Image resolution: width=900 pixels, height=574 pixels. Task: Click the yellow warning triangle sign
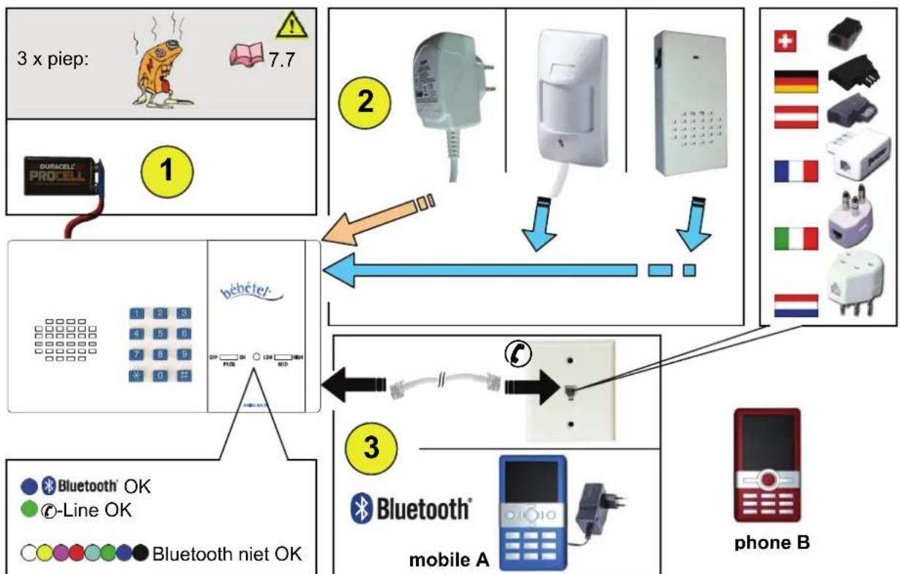(x=291, y=26)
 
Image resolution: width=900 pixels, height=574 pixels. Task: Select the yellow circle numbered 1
(x=167, y=171)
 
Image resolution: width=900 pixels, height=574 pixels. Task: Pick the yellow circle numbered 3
(x=372, y=447)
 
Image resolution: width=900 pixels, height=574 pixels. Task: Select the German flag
(x=795, y=83)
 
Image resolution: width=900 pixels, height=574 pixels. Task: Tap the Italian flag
(x=795, y=238)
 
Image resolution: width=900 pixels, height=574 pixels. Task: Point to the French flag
(x=795, y=172)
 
